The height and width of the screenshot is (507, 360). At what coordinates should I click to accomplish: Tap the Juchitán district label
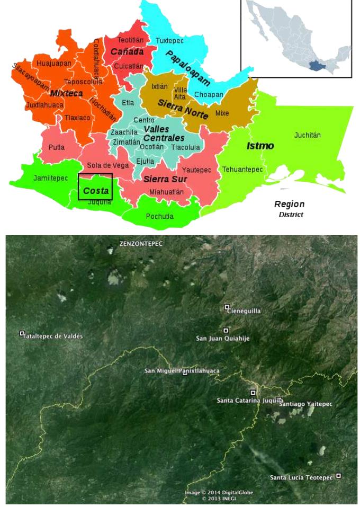(x=307, y=135)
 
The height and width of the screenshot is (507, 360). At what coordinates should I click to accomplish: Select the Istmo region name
(x=260, y=145)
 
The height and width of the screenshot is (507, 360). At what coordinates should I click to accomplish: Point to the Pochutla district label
(x=159, y=216)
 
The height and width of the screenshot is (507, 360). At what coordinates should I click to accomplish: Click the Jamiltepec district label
(x=50, y=178)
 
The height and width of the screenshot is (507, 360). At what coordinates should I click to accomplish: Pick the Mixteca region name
(x=66, y=93)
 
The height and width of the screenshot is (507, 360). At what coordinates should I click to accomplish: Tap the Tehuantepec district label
(x=242, y=170)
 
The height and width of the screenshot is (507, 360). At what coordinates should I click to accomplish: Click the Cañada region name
(x=127, y=52)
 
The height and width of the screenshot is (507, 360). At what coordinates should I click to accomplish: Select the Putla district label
(x=57, y=147)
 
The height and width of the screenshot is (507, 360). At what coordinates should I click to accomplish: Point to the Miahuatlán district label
(x=166, y=192)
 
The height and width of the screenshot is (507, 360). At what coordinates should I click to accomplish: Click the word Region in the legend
(x=289, y=204)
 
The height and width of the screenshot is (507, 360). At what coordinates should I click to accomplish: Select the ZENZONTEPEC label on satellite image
(x=141, y=244)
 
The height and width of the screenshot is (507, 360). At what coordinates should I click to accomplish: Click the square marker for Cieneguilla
(x=227, y=307)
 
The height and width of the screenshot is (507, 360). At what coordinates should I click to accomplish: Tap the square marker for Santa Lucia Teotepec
(x=338, y=476)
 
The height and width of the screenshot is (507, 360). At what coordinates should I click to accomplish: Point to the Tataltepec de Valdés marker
(x=22, y=334)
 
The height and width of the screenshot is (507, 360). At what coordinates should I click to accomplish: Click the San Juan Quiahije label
(x=222, y=338)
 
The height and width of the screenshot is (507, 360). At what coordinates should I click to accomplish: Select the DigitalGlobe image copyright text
(x=219, y=493)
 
